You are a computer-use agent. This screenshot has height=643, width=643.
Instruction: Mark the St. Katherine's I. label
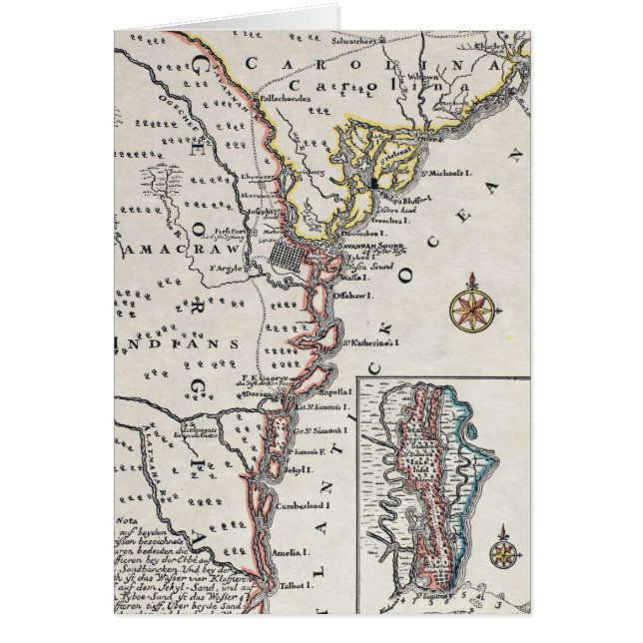[372, 342]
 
